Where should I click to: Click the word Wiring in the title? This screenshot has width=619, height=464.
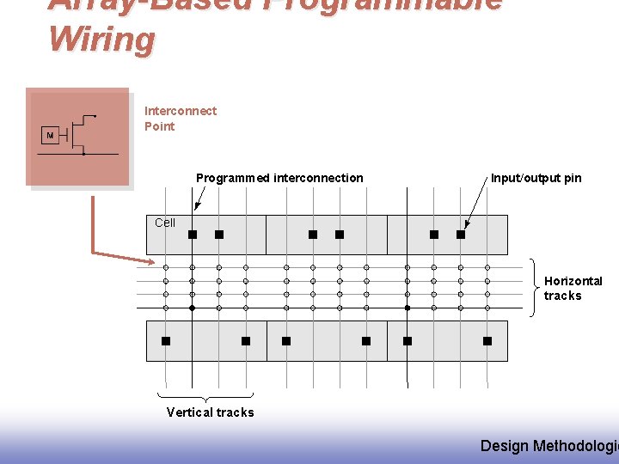click(x=102, y=40)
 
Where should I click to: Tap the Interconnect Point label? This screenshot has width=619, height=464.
click(x=181, y=119)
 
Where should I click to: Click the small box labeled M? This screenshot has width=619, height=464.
click(x=50, y=136)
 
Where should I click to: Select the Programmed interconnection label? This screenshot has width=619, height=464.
click(x=279, y=178)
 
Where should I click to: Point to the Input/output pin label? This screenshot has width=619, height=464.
click(x=536, y=178)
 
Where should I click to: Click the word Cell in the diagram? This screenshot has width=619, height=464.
click(x=165, y=223)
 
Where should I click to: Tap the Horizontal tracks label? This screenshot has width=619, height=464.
click(x=573, y=288)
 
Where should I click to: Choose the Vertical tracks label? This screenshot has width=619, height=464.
click(x=210, y=412)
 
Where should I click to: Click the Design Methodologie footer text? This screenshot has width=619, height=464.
click(x=549, y=445)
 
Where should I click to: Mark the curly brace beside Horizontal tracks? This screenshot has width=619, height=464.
click(x=534, y=287)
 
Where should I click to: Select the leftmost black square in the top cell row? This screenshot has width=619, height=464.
click(x=193, y=235)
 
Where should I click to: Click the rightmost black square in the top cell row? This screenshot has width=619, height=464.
click(x=461, y=235)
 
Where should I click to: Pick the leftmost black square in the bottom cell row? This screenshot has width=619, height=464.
click(x=166, y=341)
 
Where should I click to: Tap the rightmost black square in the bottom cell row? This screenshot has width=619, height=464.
click(x=487, y=341)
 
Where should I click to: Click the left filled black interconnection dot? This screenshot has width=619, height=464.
click(x=192, y=308)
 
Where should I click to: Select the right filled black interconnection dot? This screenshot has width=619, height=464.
click(x=407, y=308)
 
